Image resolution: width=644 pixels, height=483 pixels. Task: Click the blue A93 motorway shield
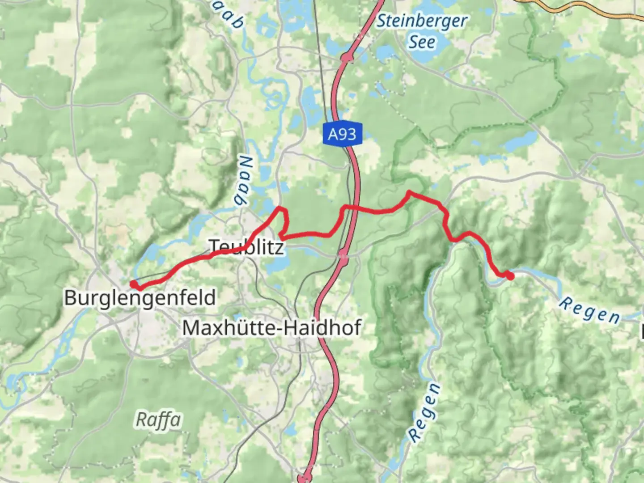point(342,134)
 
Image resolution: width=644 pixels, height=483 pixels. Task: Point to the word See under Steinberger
point(421,42)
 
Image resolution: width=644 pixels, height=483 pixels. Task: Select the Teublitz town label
point(246,247)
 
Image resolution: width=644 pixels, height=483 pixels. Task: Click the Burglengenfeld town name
point(140,298)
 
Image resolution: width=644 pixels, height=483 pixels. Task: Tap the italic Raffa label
point(158,420)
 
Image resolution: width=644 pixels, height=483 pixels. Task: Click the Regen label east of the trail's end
point(590,310)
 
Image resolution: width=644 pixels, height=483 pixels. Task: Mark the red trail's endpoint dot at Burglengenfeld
point(133,284)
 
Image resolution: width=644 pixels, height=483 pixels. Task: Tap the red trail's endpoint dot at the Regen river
point(510,276)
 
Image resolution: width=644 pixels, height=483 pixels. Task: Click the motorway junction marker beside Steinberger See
point(347,57)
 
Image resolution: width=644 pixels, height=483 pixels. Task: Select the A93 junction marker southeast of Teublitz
point(343,256)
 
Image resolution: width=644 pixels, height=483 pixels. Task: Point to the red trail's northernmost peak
point(409,193)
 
